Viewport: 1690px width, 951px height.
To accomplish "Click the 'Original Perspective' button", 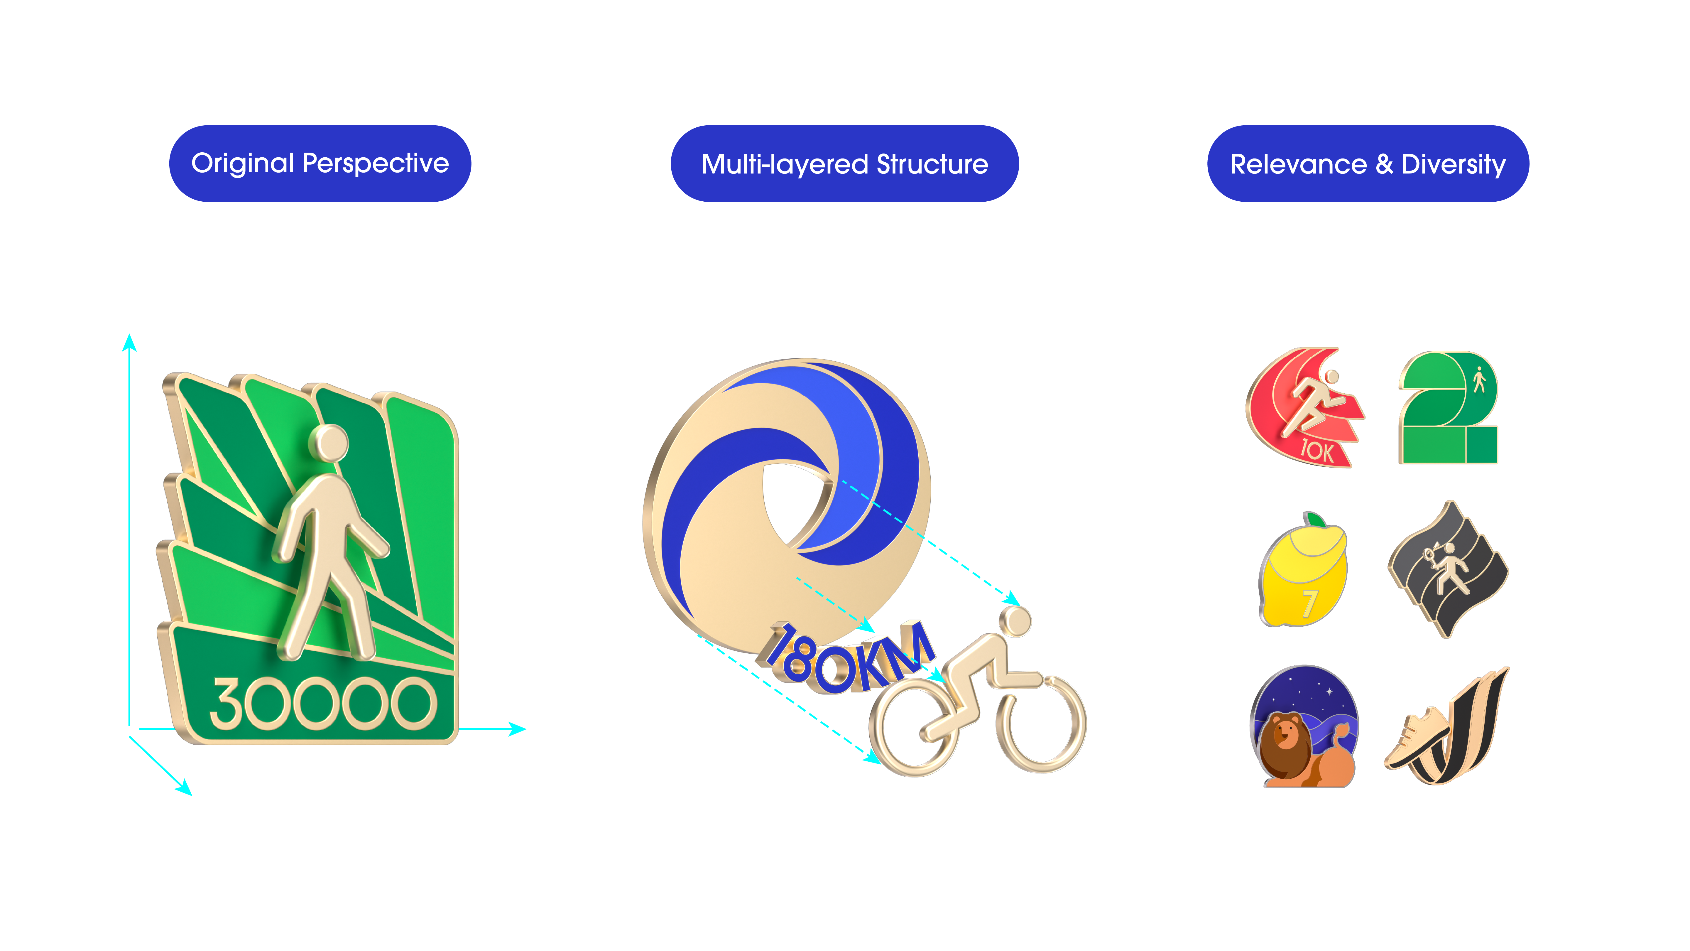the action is [x=320, y=163].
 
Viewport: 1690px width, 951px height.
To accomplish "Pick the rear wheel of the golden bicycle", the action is [x=913, y=729].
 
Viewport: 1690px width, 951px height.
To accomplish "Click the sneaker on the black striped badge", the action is [x=1416, y=738].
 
